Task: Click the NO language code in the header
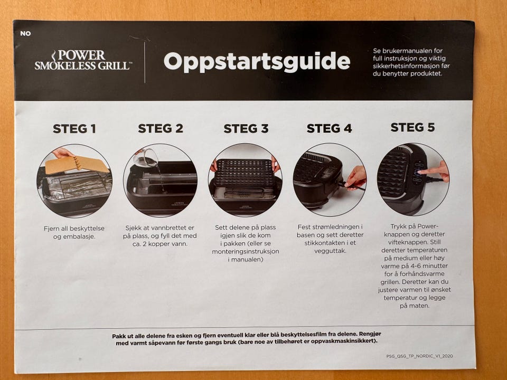coord(25,33)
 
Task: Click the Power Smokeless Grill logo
coord(83,60)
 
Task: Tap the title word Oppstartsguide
coord(257,61)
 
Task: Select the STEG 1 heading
coord(74,129)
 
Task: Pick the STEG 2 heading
coord(161,128)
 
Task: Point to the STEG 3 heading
coord(246,128)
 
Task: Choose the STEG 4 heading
coord(329,128)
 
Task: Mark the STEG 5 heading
coord(412,127)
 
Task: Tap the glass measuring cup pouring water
coord(146,158)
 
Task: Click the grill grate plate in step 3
coord(245,173)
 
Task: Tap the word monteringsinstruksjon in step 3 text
coord(246,251)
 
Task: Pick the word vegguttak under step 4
coord(330,251)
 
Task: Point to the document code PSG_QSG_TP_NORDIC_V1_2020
coord(419,356)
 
